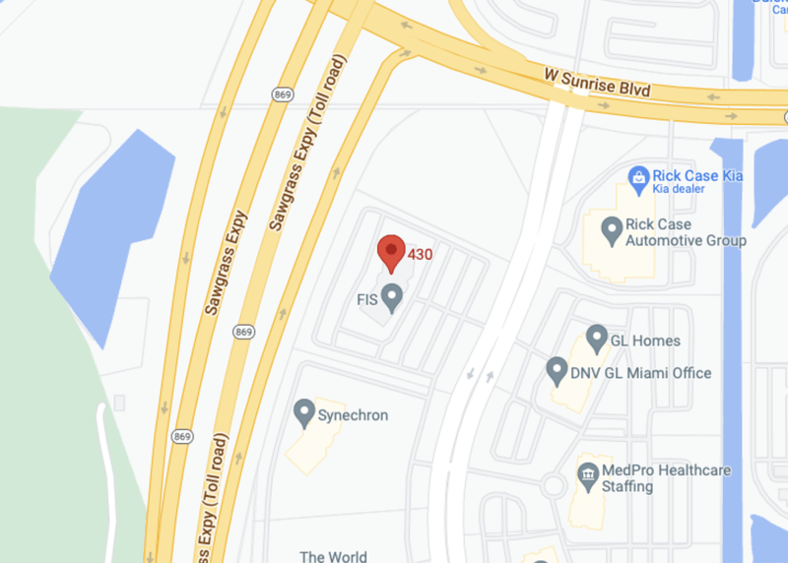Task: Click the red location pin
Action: [x=392, y=251]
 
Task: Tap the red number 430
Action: [x=421, y=254]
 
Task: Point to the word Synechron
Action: [x=353, y=415]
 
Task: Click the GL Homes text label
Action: [x=645, y=341]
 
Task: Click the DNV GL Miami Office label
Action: [x=640, y=373]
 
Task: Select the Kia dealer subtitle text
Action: [x=688, y=190]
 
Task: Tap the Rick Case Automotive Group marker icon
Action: [x=612, y=232]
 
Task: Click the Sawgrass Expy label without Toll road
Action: [x=228, y=261]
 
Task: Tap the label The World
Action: [x=333, y=556]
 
